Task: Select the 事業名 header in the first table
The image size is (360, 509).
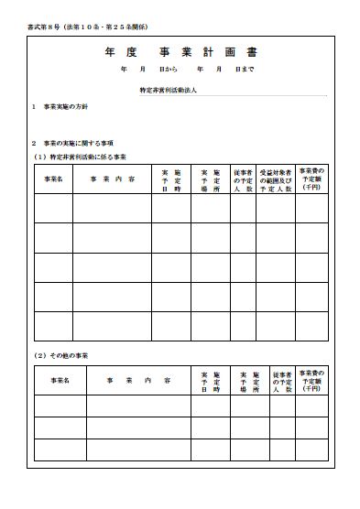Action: pos(53,179)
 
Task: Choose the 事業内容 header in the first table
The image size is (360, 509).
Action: pos(113,179)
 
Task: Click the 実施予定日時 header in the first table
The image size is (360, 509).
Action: pos(171,179)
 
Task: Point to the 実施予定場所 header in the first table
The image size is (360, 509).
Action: pos(211,179)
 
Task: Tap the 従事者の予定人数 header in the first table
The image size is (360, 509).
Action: pos(243,179)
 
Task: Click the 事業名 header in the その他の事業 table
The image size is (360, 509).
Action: pos(60,380)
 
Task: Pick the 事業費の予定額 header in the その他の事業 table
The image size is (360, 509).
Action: pos(311,380)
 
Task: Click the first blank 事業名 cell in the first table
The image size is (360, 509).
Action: pos(53,209)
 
